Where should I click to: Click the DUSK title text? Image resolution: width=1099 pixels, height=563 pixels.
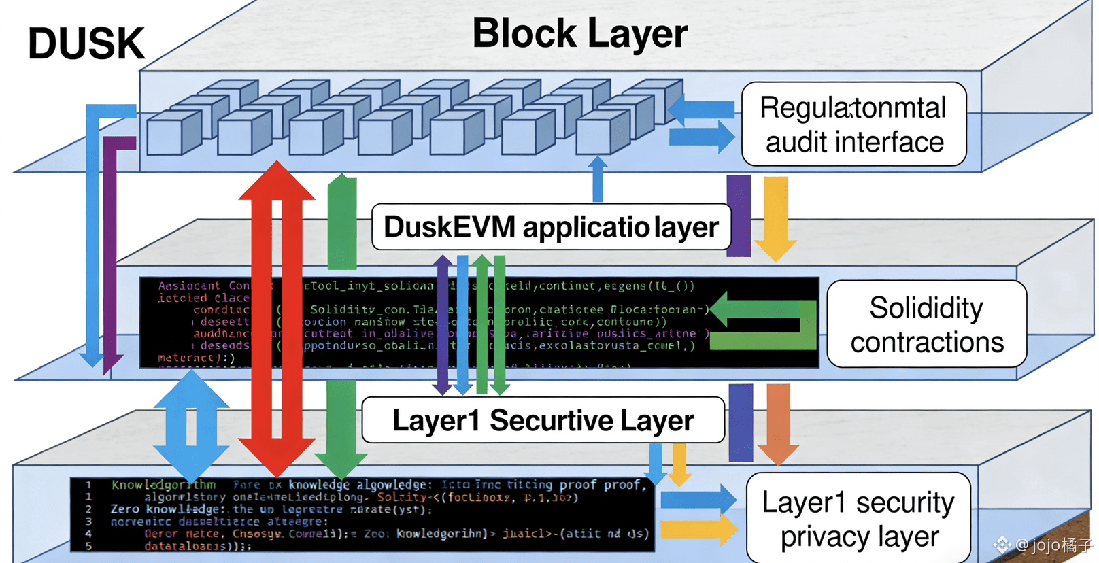86,44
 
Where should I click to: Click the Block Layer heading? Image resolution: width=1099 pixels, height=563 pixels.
579,33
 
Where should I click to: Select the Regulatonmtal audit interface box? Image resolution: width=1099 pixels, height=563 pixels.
853,124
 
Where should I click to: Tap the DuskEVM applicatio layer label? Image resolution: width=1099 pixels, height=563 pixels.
551,227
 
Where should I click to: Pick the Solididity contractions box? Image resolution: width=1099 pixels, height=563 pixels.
926,324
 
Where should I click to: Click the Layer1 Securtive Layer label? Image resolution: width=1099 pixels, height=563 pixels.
543,420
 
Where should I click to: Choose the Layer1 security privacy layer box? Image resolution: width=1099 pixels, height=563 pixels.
858,519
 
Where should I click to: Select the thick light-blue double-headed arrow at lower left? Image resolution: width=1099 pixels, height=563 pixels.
191,427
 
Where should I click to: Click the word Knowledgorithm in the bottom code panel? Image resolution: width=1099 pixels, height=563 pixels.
163,485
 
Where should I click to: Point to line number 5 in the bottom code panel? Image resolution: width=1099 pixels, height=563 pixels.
88,545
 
